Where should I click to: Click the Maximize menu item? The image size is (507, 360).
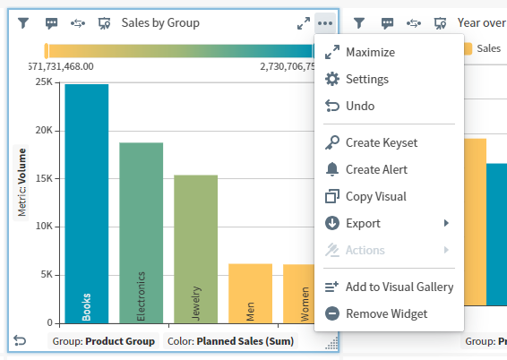point(370,52)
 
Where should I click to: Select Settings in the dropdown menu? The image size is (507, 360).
point(366,79)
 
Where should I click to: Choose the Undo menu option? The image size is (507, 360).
point(359,106)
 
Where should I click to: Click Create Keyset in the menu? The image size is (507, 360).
point(381,142)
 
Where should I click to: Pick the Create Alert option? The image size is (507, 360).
point(376,169)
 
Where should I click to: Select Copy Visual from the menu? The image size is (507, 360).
point(375,196)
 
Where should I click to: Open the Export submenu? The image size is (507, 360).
point(363,223)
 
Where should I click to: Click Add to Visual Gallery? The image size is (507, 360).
point(399,287)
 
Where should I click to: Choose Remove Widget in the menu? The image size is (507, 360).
point(386,313)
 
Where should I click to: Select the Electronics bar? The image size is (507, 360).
point(142,233)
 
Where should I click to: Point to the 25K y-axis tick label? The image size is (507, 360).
point(43,82)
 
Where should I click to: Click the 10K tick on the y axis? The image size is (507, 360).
point(43,227)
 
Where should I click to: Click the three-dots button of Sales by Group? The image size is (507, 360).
point(324,23)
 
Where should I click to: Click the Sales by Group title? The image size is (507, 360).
point(160,23)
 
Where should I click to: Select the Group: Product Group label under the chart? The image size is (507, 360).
point(104,341)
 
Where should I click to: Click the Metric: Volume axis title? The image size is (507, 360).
point(21,184)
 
